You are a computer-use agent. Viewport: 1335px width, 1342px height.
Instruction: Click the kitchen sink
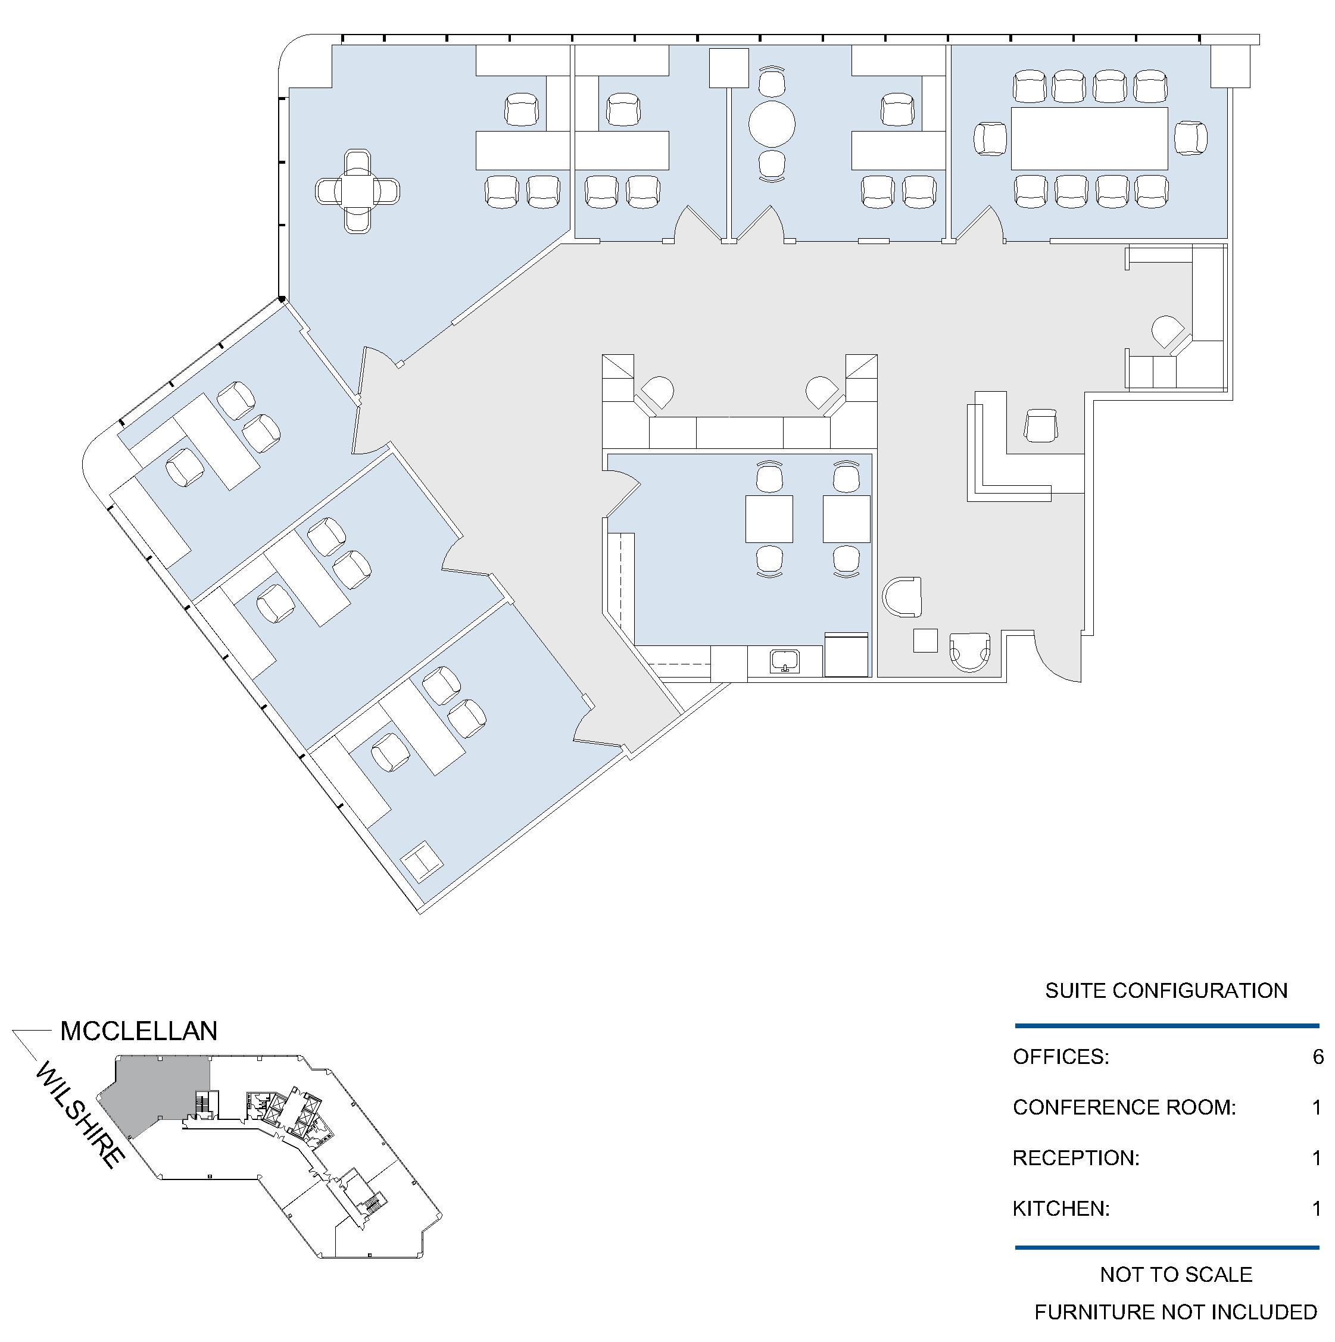(785, 659)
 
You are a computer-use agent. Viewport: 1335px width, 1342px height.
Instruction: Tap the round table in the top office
(771, 125)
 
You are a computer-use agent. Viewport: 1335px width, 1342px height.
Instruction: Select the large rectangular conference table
(1089, 138)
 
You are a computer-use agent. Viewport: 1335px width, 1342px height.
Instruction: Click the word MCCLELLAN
(139, 1031)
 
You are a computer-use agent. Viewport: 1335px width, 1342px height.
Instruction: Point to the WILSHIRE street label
(80, 1116)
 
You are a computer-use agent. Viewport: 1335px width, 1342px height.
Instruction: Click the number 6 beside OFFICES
(1318, 1056)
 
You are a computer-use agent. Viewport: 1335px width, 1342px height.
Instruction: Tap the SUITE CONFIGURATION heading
(1166, 991)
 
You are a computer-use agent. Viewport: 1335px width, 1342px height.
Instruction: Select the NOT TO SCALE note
(1176, 1274)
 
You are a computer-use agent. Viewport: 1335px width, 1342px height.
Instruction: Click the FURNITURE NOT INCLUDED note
(1175, 1312)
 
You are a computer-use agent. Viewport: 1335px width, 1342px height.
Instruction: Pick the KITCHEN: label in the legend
(1060, 1209)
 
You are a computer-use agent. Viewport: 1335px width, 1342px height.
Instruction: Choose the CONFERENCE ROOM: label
(1124, 1107)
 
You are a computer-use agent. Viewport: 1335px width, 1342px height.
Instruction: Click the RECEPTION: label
(1076, 1158)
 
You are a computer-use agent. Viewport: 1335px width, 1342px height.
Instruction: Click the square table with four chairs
(357, 191)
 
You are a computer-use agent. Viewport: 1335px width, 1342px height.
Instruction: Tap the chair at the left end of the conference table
(990, 138)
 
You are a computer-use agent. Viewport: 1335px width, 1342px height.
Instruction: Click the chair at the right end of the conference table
(1190, 138)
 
